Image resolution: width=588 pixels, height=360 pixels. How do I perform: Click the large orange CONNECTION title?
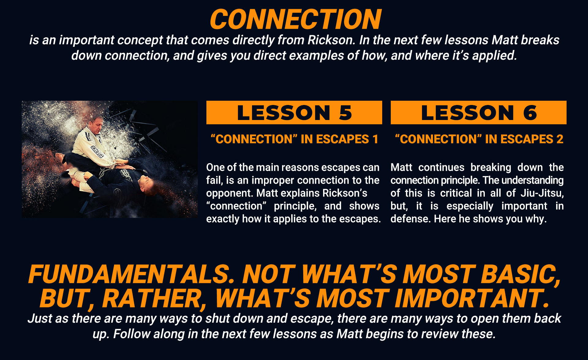[x=296, y=19]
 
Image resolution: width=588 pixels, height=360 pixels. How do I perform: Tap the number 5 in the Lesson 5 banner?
[x=345, y=113]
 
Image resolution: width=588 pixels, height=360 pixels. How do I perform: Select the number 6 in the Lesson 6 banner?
[x=530, y=113]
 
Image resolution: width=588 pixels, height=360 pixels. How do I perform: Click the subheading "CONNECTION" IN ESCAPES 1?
[x=294, y=139]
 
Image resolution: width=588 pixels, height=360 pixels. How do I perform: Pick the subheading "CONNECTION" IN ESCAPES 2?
[x=479, y=139]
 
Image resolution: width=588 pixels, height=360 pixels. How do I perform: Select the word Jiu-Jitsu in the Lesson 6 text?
[x=542, y=193]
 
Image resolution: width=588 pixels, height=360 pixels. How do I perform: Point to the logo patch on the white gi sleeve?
[x=97, y=152]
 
